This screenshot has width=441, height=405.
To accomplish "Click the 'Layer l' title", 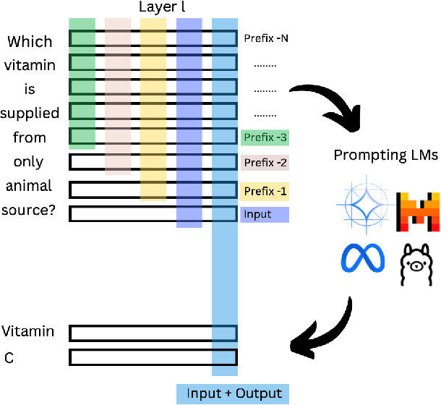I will coord(163,8).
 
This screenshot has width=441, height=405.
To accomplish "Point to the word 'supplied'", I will coord(29,113).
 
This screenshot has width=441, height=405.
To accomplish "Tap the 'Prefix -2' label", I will coord(265,163).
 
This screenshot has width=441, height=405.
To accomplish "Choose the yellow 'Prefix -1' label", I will coord(265,191).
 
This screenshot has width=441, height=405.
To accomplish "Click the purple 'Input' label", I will coord(265,215).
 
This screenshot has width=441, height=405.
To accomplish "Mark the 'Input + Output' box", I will coord(233,393).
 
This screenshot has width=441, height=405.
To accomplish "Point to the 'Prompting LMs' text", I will coord(385,155).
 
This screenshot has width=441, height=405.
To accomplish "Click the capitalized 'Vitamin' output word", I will coord(28,331).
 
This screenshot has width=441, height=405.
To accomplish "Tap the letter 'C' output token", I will coord(9,357).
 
